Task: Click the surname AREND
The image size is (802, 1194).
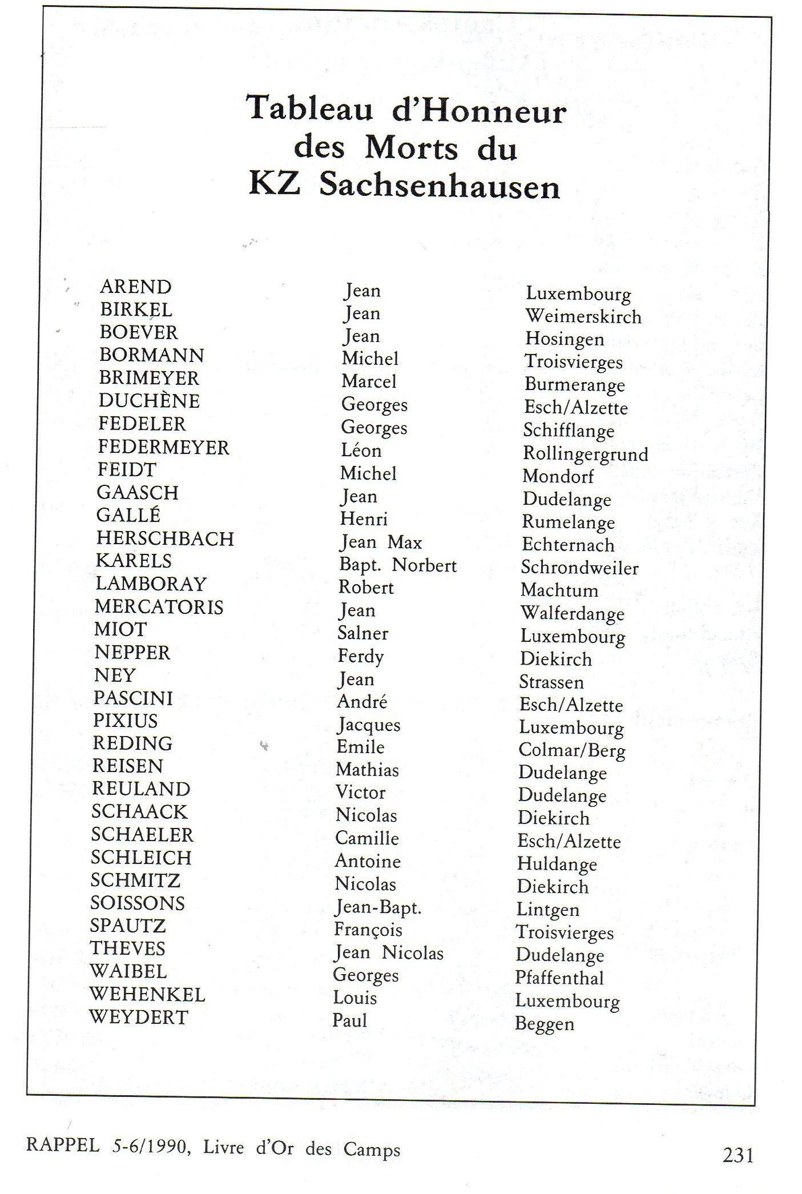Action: pos(135,287)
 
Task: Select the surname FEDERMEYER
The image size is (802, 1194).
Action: pos(163,447)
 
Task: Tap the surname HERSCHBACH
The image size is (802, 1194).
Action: pos(165,538)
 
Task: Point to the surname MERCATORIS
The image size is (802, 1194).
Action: pos(159,607)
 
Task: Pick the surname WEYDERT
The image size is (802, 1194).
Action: pos(139,1017)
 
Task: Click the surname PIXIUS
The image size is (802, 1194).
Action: pos(125,721)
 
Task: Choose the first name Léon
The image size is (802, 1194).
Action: pos(361,451)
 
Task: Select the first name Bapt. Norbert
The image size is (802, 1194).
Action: pos(398,565)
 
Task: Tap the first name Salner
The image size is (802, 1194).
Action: pos(363,633)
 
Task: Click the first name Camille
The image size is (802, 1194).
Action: pos(366,838)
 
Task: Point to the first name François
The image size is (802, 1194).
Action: pos(368,930)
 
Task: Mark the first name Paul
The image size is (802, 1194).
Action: pos(349,1020)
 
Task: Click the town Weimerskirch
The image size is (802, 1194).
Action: pos(583,316)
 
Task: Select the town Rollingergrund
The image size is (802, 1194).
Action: pos(586,455)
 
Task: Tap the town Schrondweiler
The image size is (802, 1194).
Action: pos(579,568)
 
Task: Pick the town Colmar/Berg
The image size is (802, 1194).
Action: pos(571,750)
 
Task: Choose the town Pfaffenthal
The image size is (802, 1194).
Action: pos(559,978)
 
